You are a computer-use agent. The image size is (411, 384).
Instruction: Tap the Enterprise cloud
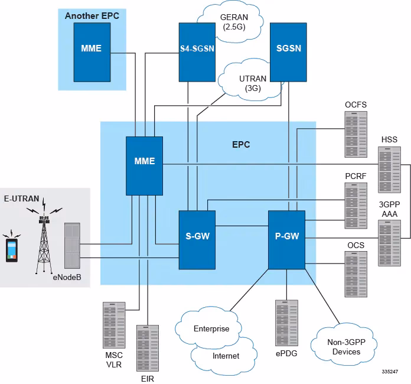(x=211, y=328)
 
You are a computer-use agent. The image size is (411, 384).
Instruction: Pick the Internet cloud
(x=225, y=355)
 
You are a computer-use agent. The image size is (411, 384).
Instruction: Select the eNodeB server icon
(x=72, y=246)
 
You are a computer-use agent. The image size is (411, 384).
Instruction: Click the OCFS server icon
(x=355, y=130)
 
